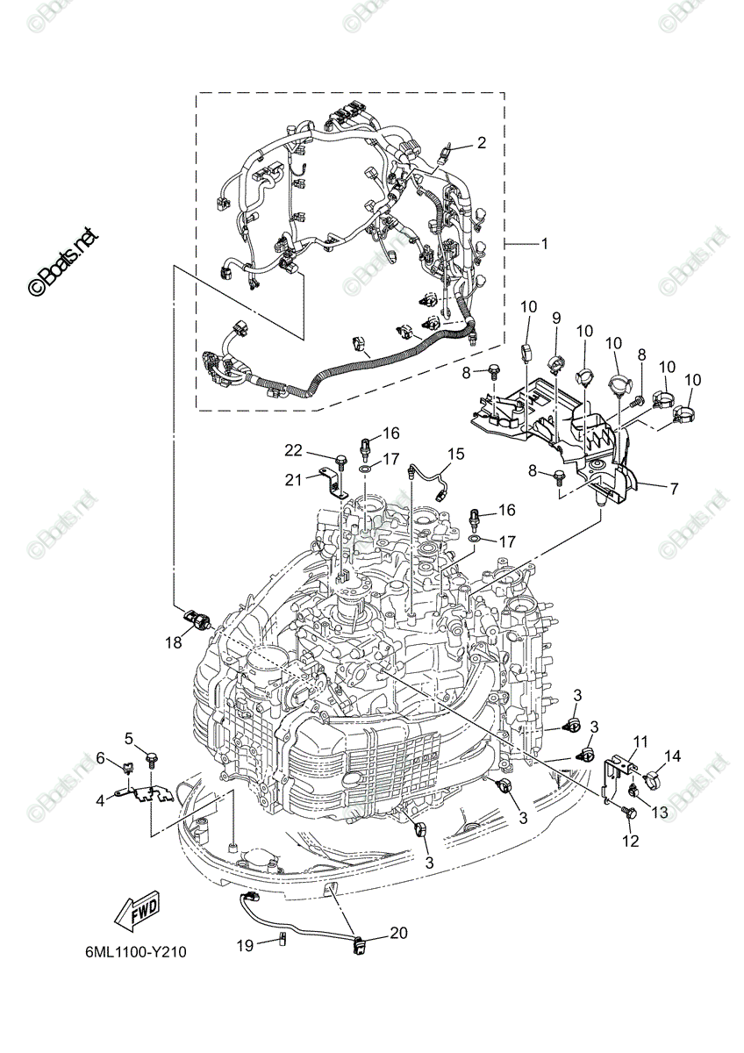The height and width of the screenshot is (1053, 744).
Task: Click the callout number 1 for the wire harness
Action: click(x=544, y=244)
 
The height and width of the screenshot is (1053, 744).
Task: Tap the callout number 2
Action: click(x=481, y=143)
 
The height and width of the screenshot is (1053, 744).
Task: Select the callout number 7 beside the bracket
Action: click(x=674, y=489)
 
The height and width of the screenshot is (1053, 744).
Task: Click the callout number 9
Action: click(x=556, y=319)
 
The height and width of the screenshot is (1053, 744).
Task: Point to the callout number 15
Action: click(x=455, y=455)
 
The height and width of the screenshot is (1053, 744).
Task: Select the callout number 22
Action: click(x=294, y=450)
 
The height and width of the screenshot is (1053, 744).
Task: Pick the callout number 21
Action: click(x=294, y=481)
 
